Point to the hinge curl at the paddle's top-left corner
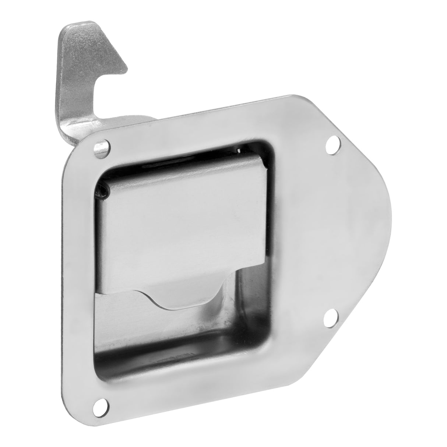[x=103, y=188]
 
